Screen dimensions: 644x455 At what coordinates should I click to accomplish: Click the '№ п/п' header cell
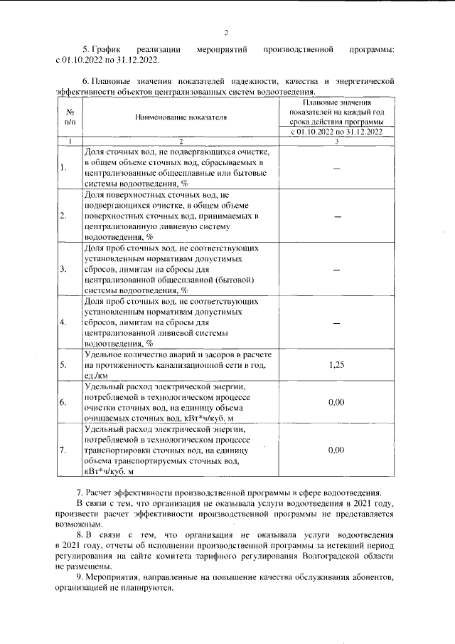point(70,117)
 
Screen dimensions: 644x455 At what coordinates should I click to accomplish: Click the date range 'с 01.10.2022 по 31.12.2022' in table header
point(337,132)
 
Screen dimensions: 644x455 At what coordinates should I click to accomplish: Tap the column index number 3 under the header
point(337,142)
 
